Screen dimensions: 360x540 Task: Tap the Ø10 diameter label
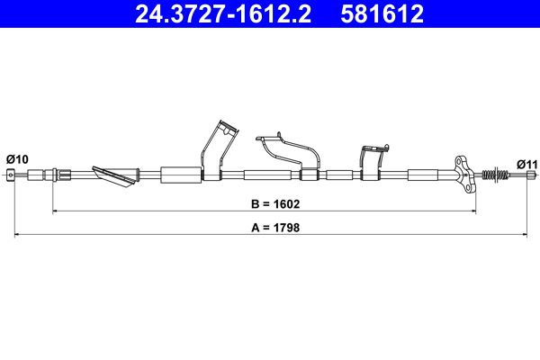pos(17,159)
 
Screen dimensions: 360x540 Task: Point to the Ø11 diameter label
pos(526,164)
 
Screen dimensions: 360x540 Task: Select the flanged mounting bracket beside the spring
pos(464,173)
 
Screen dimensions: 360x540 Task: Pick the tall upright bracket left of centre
pos(217,148)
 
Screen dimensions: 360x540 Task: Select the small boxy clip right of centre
pos(371,157)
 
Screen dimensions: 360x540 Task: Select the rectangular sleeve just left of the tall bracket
pos(180,175)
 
